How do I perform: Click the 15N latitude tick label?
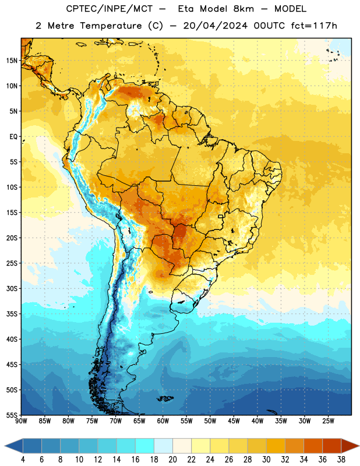tap(12, 61)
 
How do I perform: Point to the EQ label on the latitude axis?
tap(13, 137)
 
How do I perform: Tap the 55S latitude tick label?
tap(12, 415)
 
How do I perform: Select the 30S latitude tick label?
tap(12, 288)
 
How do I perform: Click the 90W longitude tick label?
tap(21, 421)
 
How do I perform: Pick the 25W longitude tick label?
tap(328, 421)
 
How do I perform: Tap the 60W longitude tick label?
tap(163, 421)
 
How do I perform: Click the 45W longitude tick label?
tap(234, 421)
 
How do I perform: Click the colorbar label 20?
tap(172, 460)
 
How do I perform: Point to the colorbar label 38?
tap(341, 460)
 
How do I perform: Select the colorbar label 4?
tap(23, 460)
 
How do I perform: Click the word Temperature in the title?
tap(111, 26)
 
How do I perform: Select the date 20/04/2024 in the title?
tap(216, 26)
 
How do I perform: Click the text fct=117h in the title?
tap(314, 26)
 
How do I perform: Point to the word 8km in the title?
tap(243, 9)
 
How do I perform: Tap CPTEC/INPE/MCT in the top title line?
tap(110, 9)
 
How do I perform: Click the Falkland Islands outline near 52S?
tap(165, 398)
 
